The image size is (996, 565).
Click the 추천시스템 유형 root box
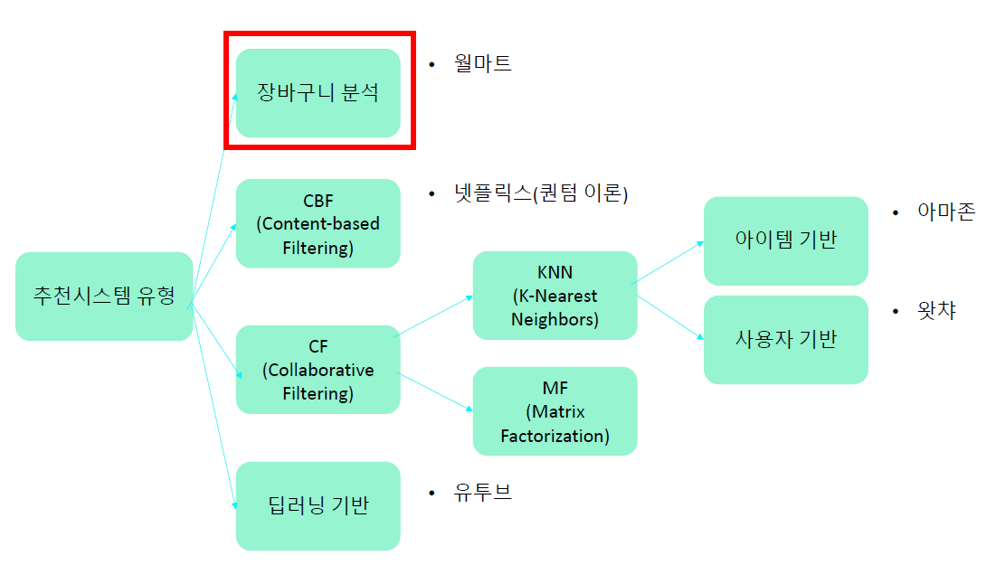click(x=104, y=296)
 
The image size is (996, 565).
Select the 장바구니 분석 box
click(x=318, y=92)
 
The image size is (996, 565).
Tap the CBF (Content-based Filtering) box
click(x=318, y=223)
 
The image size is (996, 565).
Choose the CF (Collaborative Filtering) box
click(x=318, y=370)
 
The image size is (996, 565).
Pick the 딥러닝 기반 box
click(x=318, y=505)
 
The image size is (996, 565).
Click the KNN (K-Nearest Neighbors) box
click(x=555, y=296)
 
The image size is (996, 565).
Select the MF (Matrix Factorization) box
click(x=555, y=411)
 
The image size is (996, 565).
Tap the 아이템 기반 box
click(x=785, y=240)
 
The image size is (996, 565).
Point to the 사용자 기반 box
click(x=785, y=339)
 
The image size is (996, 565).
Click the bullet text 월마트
click(x=483, y=63)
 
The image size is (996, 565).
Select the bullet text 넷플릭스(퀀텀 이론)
click(x=541, y=193)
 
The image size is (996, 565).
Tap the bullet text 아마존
click(x=946, y=212)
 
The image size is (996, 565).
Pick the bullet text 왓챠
click(x=936, y=312)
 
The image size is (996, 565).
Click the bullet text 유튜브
click(x=483, y=493)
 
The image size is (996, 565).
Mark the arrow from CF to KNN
click(x=434, y=315)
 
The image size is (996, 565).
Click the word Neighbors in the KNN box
click(x=555, y=319)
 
